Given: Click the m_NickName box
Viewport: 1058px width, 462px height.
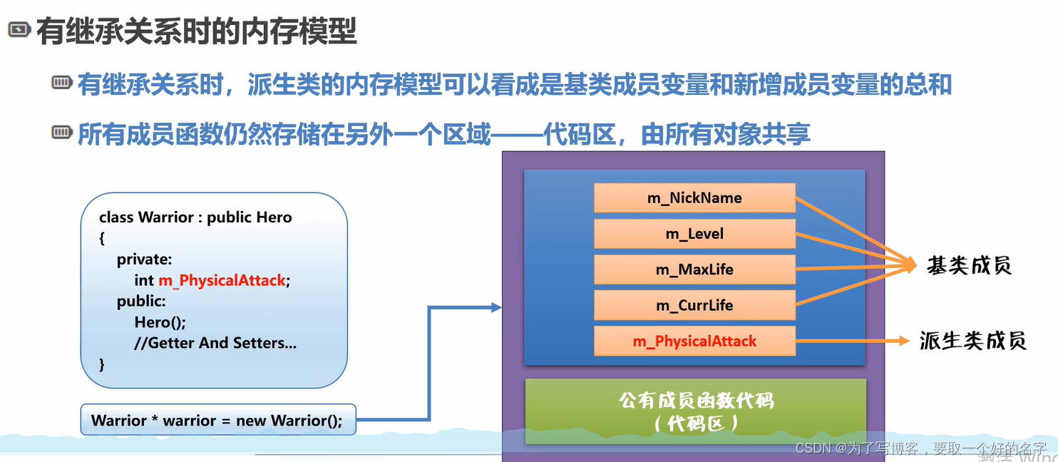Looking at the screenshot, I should [x=694, y=198].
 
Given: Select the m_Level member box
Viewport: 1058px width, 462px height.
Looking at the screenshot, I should [x=694, y=234].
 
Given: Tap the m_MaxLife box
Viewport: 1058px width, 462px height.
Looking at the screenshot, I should [x=694, y=269].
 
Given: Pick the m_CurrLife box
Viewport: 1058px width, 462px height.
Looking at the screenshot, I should [x=694, y=305].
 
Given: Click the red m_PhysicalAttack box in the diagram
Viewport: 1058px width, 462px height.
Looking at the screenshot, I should [x=694, y=342].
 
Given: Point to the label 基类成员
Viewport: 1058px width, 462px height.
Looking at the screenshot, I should [x=969, y=266].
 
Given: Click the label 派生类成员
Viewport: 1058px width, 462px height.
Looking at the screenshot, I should [x=972, y=341].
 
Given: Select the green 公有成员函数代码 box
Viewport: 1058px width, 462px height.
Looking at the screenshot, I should [x=695, y=411].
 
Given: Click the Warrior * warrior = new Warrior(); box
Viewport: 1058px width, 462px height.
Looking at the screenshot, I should [x=217, y=420].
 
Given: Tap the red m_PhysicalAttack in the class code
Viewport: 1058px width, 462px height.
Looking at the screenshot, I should [x=222, y=281].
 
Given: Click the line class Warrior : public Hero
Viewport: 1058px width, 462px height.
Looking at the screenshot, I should [x=195, y=217].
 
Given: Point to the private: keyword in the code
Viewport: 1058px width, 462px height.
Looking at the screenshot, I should [x=145, y=260].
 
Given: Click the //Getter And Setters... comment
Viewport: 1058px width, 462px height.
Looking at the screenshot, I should [x=215, y=343].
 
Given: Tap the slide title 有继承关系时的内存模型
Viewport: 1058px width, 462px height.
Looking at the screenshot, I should [x=197, y=32].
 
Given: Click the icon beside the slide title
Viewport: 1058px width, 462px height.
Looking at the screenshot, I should [x=19, y=30].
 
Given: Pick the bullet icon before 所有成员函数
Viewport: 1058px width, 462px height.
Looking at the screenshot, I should [x=62, y=133].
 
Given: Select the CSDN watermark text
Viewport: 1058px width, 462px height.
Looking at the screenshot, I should [x=920, y=448].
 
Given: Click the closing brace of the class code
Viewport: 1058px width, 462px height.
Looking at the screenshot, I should [x=102, y=364].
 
